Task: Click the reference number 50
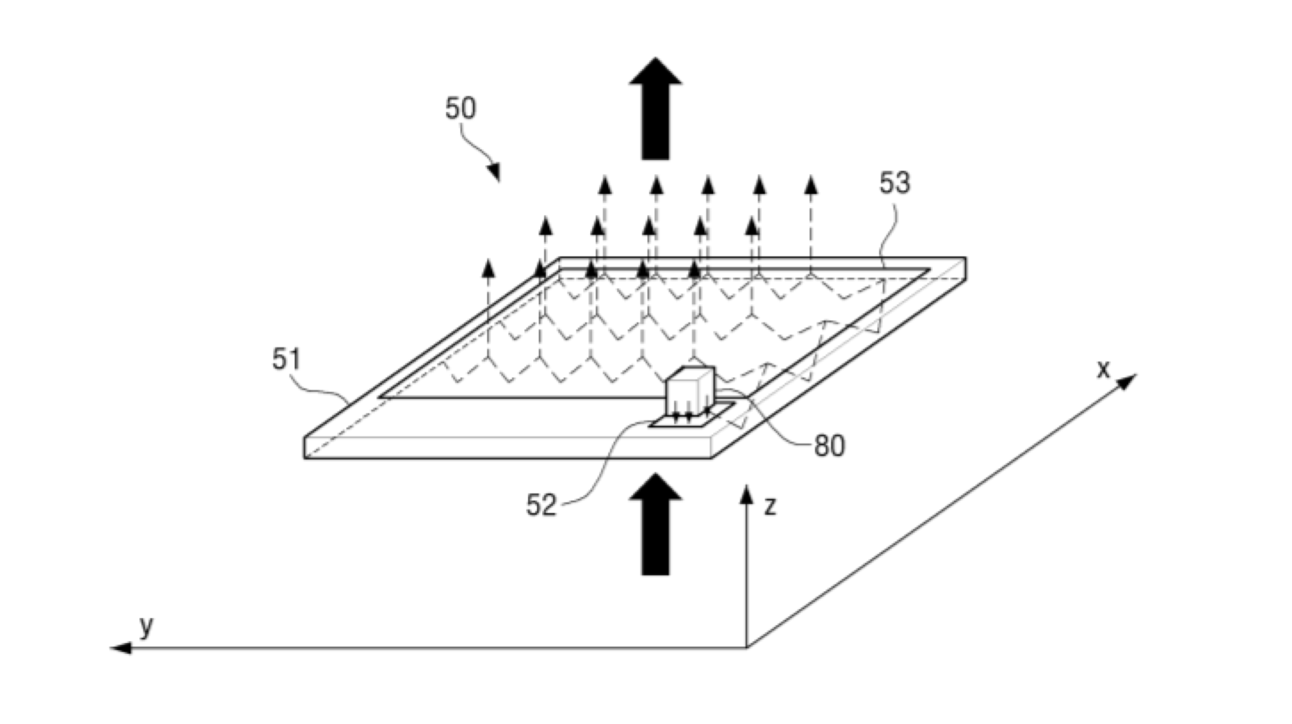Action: (460, 108)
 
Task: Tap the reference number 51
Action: (287, 359)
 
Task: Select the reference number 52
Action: (541, 505)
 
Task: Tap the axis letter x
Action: (1104, 370)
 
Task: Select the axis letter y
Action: (146, 626)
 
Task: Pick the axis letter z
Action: (770, 506)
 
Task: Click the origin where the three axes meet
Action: (747, 648)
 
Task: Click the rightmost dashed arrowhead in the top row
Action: (811, 185)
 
